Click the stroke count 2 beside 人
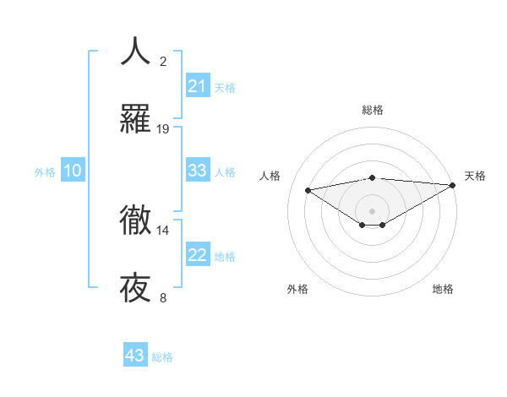point(163,61)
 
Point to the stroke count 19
point(163,129)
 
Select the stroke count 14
point(163,230)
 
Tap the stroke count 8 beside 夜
point(163,298)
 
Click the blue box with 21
point(198,86)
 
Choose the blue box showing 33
point(198,171)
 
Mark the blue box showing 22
point(198,255)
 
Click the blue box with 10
point(73,171)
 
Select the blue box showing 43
point(135,356)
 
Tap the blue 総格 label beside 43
point(162,357)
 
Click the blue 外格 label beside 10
point(45,172)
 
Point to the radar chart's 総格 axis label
point(373,110)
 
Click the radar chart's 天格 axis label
point(475,176)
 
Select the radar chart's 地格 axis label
point(443,290)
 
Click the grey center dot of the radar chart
point(373,210)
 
